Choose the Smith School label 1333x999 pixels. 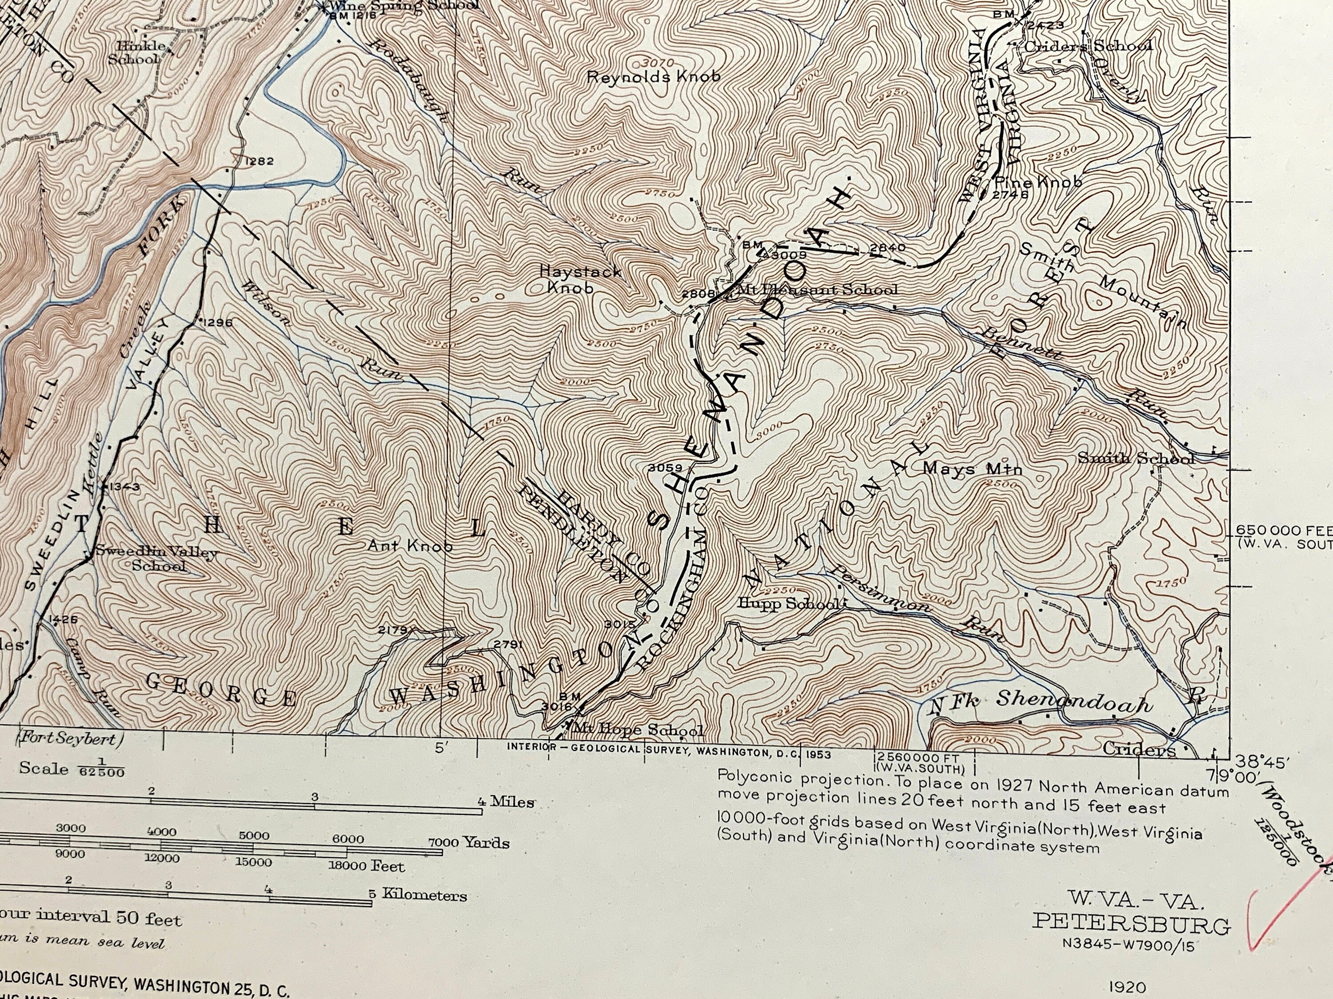[x=1135, y=458]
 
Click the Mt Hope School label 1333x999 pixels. [x=638, y=730]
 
